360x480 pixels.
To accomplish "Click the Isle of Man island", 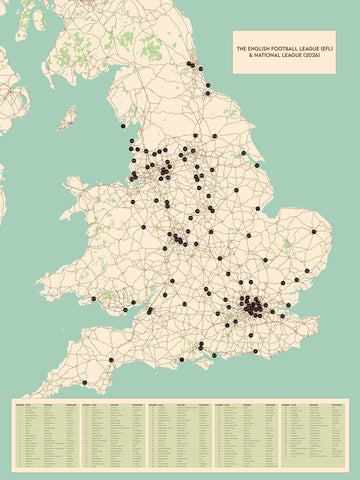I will click(x=68, y=118).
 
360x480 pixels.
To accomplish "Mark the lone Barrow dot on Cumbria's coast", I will click(x=123, y=127).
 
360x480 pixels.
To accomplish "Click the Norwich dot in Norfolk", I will click(x=313, y=231).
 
